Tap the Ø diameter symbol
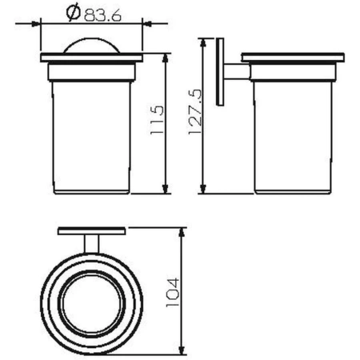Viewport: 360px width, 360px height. [72, 14]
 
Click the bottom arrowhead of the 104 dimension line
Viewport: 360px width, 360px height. [184, 350]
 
